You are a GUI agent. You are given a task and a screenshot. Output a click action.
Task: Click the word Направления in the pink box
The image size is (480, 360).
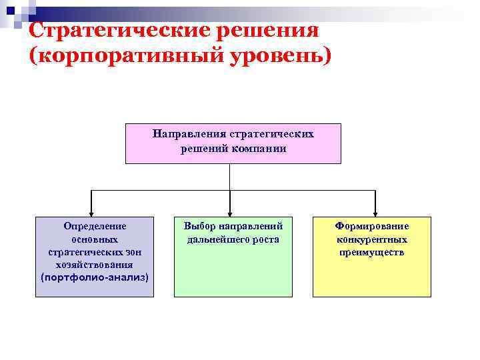(x=189, y=133)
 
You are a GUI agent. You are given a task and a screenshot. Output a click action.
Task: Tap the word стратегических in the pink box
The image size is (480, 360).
(x=271, y=133)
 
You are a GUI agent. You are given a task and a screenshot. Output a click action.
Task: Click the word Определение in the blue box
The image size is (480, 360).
(x=94, y=227)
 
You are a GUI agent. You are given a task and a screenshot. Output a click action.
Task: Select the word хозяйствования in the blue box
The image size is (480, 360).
(x=94, y=265)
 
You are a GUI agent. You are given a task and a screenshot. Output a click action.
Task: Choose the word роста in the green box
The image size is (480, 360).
(x=264, y=239)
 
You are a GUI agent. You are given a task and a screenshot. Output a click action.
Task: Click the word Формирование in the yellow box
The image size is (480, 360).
(x=372, y=227)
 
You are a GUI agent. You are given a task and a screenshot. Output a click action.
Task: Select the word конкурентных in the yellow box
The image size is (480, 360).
(x=372, y=239)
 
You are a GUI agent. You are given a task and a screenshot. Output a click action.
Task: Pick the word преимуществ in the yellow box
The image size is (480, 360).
(x=372, y=252)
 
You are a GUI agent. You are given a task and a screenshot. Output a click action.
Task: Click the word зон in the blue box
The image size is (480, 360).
(x=131, y=252)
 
